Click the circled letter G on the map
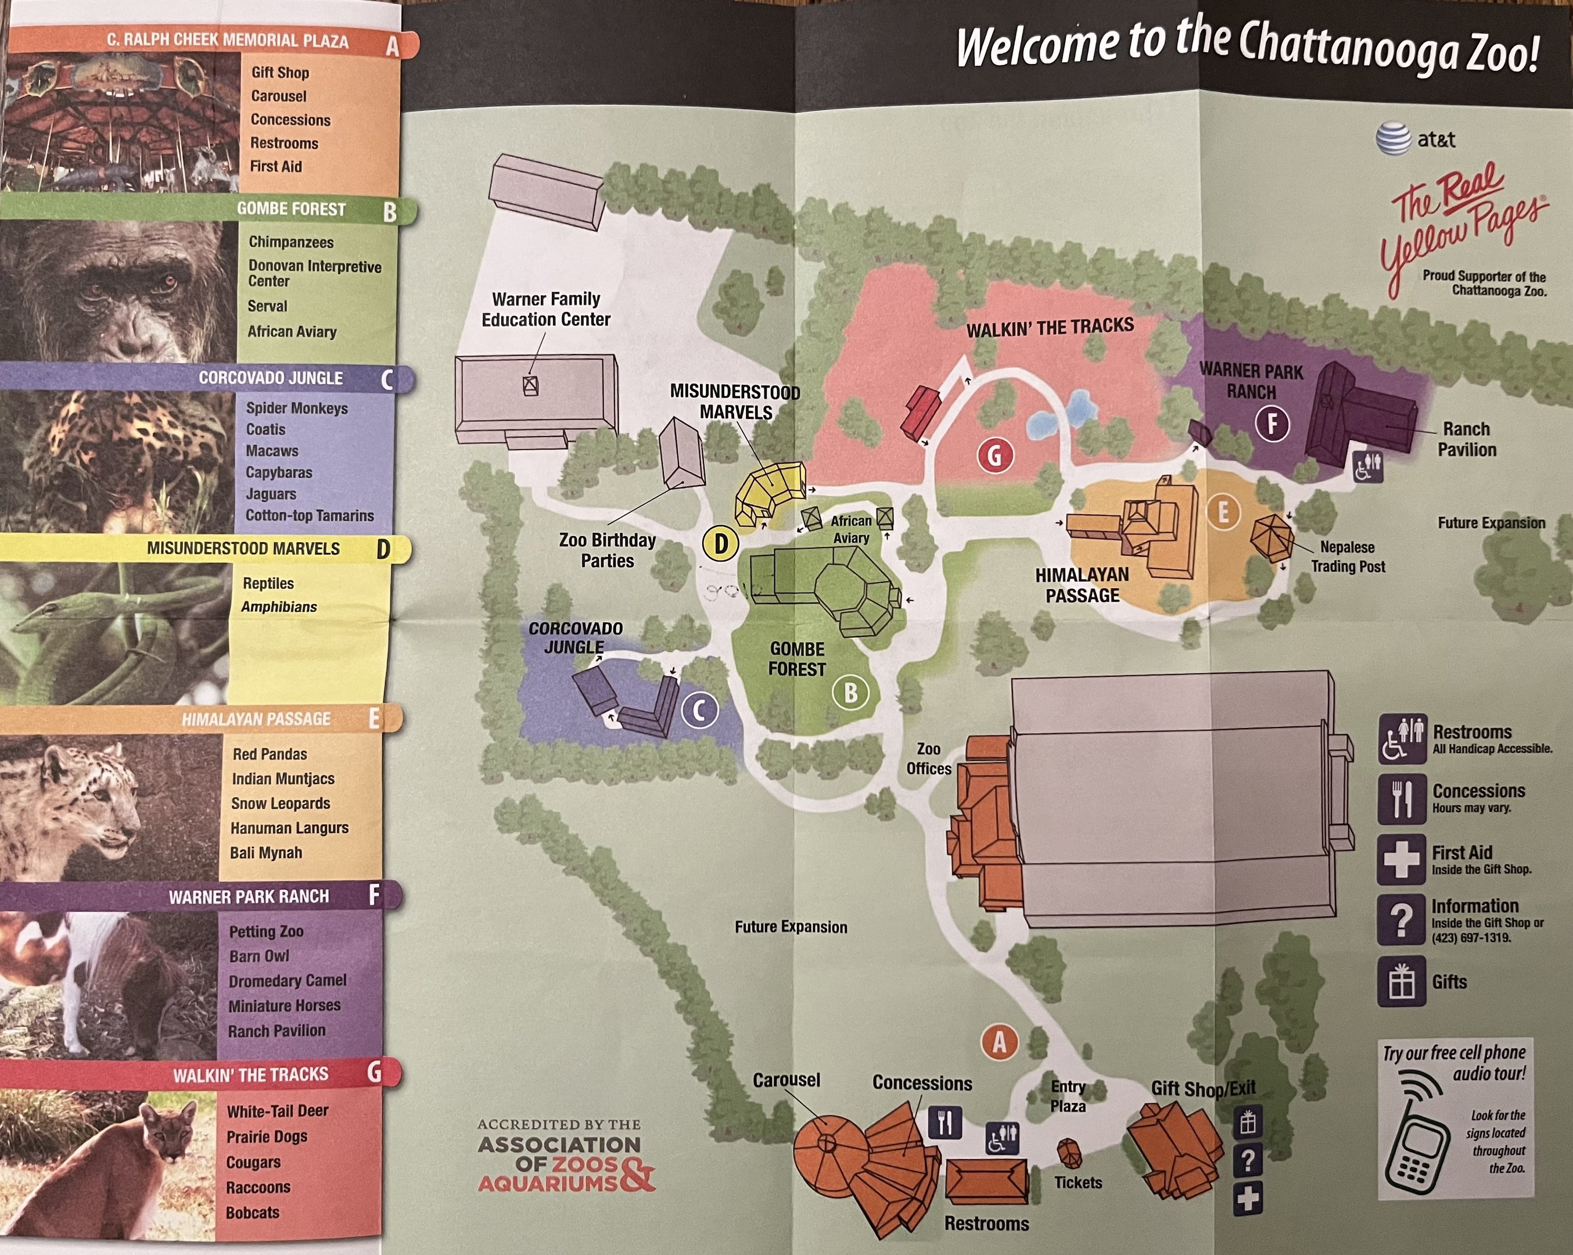994,456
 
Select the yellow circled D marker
720,544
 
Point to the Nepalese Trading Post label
1348,557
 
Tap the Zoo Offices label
928,759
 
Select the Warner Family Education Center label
546,309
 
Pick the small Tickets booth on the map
1069,1153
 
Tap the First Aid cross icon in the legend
1401,859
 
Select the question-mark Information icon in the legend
1401,919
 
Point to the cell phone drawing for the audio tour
1416,1139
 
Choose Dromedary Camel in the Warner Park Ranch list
288,981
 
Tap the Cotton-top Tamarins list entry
310,516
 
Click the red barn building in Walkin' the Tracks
921,413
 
